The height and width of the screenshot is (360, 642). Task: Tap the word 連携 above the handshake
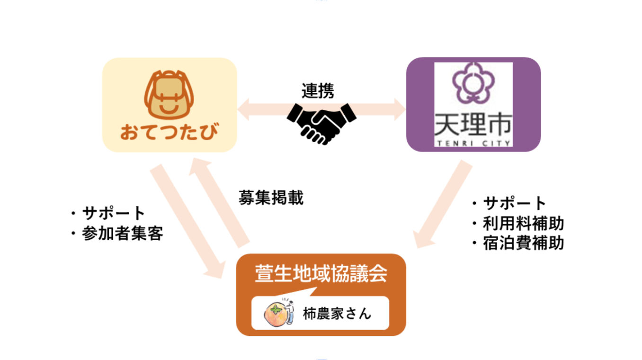click(x=318, y=90)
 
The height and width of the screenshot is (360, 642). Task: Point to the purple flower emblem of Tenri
click(x=473, y=87)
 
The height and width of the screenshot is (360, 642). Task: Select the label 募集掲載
click(x=271, y=198)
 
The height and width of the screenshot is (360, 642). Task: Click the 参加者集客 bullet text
click(x=122, y=234)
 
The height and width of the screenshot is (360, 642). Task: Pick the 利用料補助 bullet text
click(x=523, y=223)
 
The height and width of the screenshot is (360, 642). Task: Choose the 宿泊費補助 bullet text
click(x=523, y=243)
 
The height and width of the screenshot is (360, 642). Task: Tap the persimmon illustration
click(x=276, y=314)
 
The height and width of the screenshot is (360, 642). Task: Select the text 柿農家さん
click(x=337, y=314)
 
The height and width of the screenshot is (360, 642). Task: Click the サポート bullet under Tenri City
click(x=514, y=203)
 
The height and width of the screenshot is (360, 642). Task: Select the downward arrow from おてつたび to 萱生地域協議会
click(x=188, y=223)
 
